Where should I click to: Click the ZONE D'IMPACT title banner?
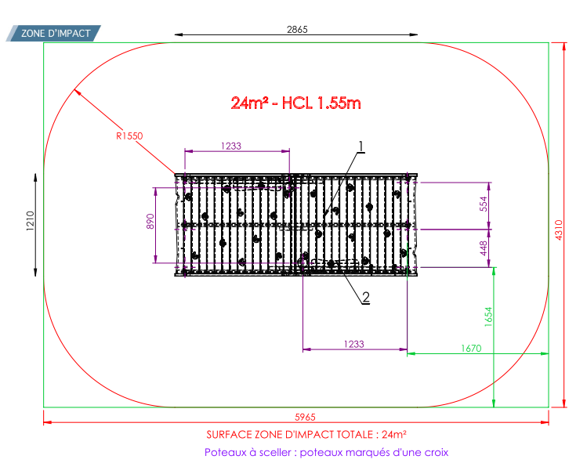tap(53, 34)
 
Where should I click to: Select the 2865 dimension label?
tap(297, 29)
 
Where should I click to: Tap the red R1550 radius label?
tap(129, 136)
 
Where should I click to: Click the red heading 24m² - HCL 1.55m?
tap(295, 103)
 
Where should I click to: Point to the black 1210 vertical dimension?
tap(31, 221)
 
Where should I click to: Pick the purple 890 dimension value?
tap(150, 221)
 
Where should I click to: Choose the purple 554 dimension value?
tap(484, 204)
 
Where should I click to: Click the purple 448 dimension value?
tap(484, 248)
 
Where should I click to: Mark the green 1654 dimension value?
tap(488, 317)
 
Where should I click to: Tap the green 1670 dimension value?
tap(471, 349)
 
